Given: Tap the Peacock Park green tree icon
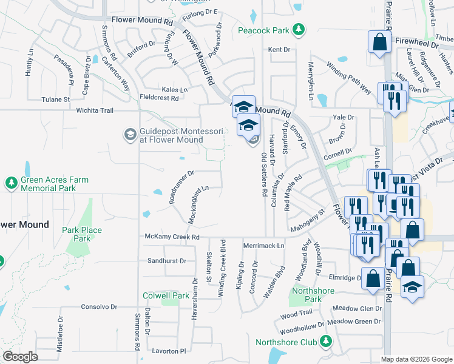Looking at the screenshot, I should [x=298, y=29].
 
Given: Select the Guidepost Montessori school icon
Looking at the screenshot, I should [x=130, y=133].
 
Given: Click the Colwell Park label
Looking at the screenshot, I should [x=166, y=295].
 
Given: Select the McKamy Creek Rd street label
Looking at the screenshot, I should [x=172, y=237].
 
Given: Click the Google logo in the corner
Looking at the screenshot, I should [x=20, y=357].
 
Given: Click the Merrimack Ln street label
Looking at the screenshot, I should [x=263, y=246].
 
